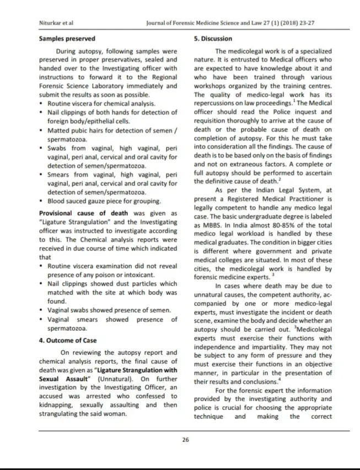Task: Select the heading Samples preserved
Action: click(x=67, y=39)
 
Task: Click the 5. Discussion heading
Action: click(x=213, y=39)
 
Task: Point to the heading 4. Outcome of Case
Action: click(x=68, y=341)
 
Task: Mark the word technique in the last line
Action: click(x=209, y=417)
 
